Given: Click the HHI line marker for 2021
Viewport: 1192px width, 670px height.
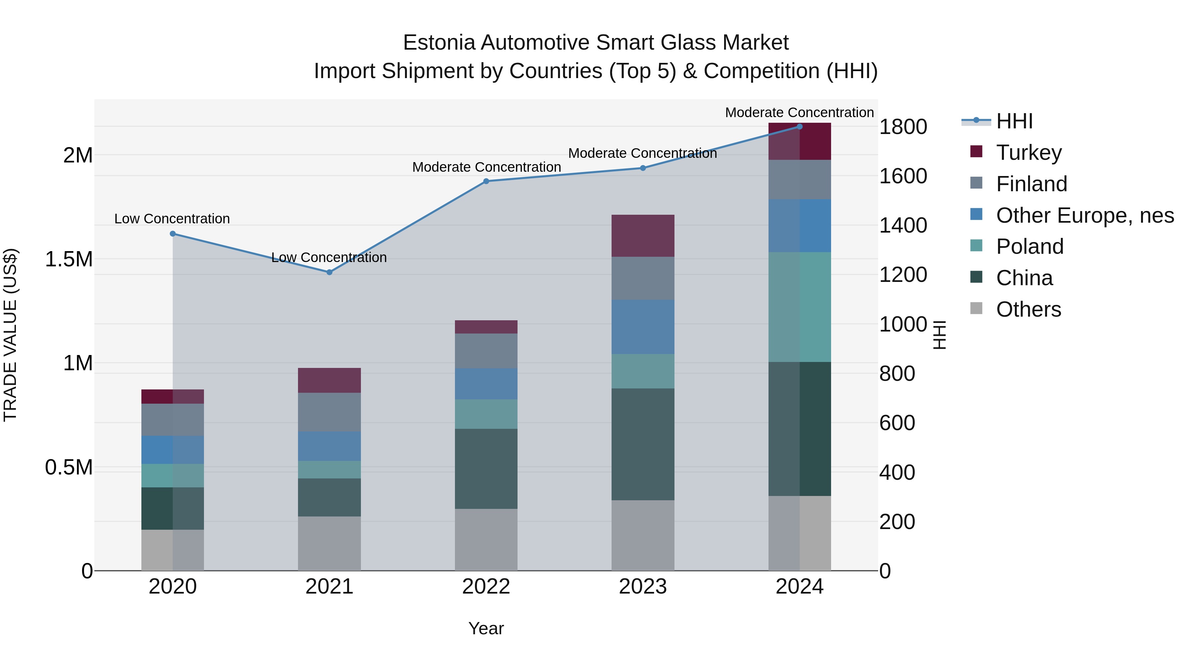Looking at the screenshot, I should pyautogui.click(x=329, y=272).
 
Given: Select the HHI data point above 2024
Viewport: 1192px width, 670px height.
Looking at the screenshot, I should pyautogui.click(x=799, y=127).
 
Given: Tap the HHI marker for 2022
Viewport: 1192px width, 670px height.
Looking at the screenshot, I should pyautogui.click(x=486, y=181).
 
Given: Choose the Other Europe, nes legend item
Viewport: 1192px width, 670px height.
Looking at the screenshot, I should pyautogui.click(x=1084, y=215).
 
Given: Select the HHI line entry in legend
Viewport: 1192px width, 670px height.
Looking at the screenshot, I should pyautogui.click(x=1014, y=121).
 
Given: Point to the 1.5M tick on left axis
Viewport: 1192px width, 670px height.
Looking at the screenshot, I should pyautogui.click(x=69, y=259).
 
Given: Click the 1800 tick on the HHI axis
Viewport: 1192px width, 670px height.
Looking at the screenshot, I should pyautogui.click(x=902, y=127).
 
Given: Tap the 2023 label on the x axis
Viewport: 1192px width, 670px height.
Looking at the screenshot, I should pyautogui.click(x=642, y=587).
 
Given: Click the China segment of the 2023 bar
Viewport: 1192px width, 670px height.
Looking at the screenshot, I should pyautogui.click(x=642, y=444).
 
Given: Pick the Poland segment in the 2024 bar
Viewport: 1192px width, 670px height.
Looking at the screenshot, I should pyautogui.click(x=799, y=307).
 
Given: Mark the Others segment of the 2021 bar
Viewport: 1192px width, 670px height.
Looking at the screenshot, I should pyautogui.click(x=329, y=543).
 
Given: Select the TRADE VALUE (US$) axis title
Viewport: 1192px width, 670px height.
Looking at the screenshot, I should pyautogui.click(x=10, y=335).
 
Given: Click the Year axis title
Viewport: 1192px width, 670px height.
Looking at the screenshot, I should pyautogui.click(x=486, y=628).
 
